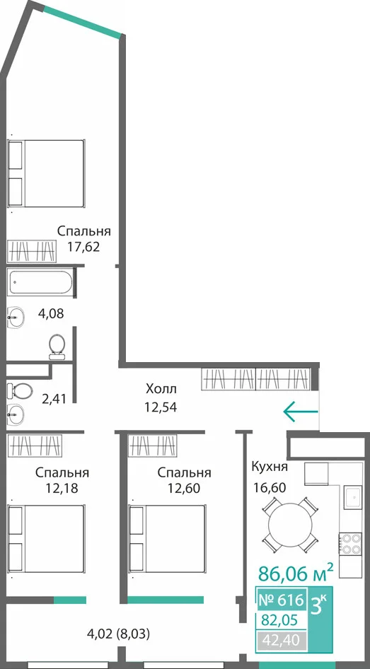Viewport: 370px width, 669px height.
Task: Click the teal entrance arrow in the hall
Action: point(301,412)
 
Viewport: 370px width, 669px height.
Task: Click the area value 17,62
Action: point(83,247)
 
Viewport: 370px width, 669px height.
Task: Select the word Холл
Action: point(161,389)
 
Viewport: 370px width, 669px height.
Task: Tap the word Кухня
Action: point(270,466)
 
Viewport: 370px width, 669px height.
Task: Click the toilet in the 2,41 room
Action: point(20,390)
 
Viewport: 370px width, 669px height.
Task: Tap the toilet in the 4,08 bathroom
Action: point(57,347)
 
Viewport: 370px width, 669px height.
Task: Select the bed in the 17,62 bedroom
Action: point(46,174)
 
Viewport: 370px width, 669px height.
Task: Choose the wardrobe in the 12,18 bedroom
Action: point(35,446)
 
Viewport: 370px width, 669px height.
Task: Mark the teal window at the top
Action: point(82,22)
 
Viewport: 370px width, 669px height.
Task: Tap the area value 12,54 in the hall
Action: point(161,407)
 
